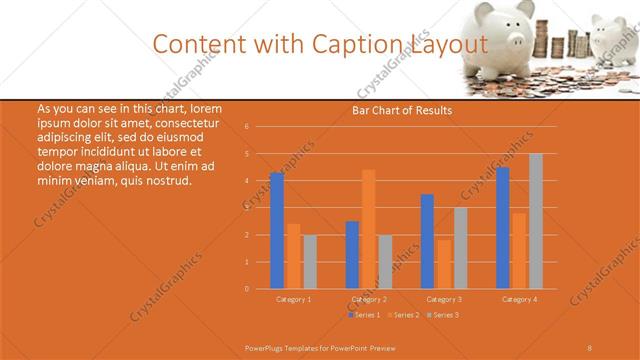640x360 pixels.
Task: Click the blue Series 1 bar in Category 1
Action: [x=277, y=231]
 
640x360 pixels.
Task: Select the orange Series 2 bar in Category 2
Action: [x=368, y=229]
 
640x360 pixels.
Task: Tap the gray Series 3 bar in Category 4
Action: [x=536, y=221]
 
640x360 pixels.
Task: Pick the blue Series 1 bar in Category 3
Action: [x=428, y=241]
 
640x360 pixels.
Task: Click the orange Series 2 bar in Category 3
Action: [x=444, y=264]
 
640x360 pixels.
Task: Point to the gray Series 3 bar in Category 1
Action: [x=310, y=262]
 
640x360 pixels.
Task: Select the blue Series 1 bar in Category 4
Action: [x=503, y=228]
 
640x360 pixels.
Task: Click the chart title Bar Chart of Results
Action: [x=402, y=110]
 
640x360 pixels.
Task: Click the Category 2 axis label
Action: [x=369, y=299]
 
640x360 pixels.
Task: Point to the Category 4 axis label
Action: [x=519, y=299]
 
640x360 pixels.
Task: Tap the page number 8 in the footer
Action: [x=590, y=346]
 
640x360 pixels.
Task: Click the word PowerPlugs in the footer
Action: [x=266, y=346]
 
